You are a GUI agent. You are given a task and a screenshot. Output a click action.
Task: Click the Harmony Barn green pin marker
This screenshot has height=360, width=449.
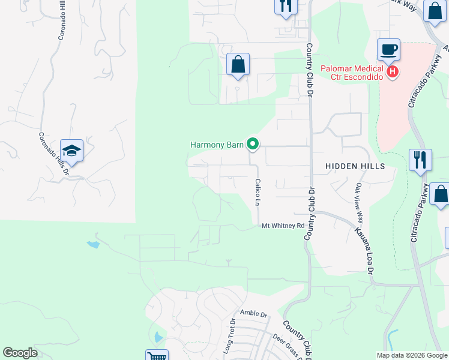(x=253, y=143)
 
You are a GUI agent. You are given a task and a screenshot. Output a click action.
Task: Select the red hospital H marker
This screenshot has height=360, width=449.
(x=392, y=72)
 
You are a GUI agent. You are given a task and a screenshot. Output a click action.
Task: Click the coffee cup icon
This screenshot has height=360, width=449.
(x=388, y=49)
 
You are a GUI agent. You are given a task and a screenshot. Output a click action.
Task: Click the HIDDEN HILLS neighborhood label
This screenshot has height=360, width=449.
(x=354, y=166)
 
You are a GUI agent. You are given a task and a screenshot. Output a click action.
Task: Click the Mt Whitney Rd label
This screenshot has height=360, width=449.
(x=283, y=226)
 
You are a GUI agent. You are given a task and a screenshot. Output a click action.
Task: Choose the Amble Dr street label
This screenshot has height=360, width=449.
(x=253, y=313)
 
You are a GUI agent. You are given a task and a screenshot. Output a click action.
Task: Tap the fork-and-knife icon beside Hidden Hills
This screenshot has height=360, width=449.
(x=421, y=160)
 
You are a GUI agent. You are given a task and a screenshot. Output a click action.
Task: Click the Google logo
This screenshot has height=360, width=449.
(x=20, y=353)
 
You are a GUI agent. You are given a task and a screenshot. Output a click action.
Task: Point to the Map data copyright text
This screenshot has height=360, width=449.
(x=412, y=355)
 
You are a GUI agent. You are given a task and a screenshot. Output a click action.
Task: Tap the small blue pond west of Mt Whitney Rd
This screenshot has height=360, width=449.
(x=92, y=244)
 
